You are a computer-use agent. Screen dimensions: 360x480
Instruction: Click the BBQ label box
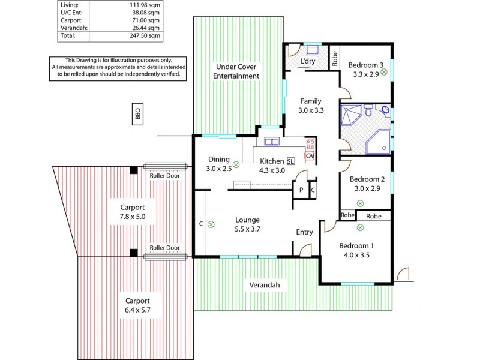click(137, 114)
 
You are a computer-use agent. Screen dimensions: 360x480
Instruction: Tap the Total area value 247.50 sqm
click(146, 36)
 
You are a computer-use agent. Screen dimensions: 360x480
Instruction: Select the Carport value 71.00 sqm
click(146, 20)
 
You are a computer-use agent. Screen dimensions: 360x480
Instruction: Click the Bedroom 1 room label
click(356, 246)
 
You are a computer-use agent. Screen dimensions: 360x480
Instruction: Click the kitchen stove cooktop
click(310, 144)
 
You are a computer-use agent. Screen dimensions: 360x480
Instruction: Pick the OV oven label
click(310, 156)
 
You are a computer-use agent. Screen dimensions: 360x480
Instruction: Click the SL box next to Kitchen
click(290, 161)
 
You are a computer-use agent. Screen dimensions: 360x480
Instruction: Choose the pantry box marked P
click(301, 190)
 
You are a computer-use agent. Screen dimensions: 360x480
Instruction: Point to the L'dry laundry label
click(308, 62)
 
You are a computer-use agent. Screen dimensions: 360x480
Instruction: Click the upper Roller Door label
click(165, 175)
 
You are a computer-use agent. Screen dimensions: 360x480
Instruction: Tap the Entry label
click(304, 232)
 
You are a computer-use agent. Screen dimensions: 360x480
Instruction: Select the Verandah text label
click(265, 285)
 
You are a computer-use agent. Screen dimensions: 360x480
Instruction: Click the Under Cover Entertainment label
click(237, 71)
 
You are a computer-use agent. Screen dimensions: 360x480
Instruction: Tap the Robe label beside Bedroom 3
click(335, 58)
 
